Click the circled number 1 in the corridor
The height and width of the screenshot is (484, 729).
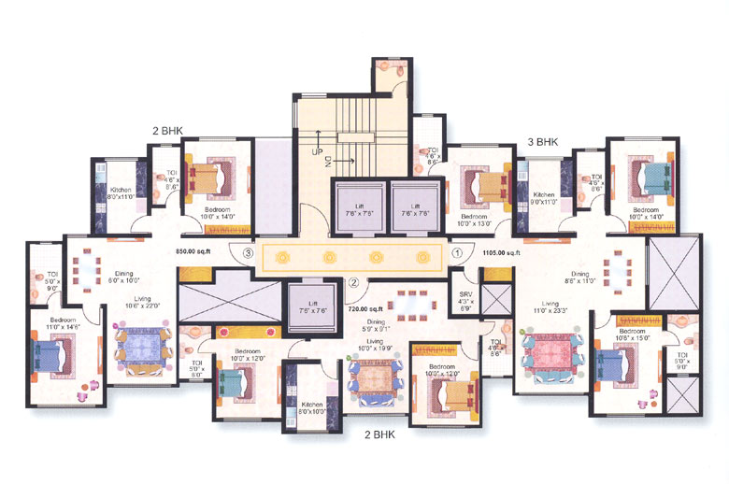point(457,251)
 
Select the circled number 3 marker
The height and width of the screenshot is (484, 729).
point(248,252)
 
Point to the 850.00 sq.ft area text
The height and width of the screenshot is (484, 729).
point(195,251)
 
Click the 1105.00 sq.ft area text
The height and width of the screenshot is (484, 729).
point(501,251)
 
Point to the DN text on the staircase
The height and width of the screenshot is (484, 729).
point(329,162)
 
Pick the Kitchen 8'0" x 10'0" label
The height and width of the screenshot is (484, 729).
point(312,408)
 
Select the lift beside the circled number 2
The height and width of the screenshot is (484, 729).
point(306,306)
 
